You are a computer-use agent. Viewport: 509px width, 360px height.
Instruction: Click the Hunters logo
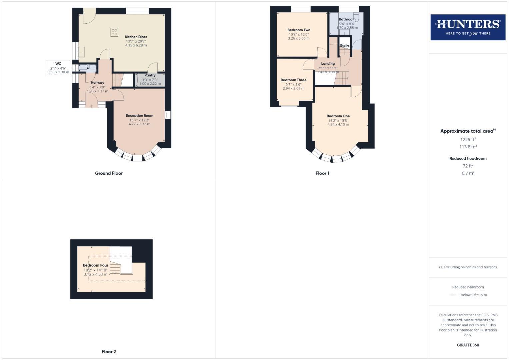pyautogui.click(x=468, y=27)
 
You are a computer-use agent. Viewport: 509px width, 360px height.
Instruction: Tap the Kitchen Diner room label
pyautogui.click(x=136, y=37)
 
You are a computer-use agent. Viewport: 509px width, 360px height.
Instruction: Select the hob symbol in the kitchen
pyautogui.click(x=114, y=32)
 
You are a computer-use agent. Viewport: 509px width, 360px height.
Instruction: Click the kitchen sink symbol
pyautogui.click(x=82, y=52)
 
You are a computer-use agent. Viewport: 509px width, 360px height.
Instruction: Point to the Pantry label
pyautogui.click(x=150, y=75)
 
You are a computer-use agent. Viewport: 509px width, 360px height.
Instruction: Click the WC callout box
pyautogui.click(x=58, y=68)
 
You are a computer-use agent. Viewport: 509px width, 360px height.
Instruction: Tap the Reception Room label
pyautogui.click(x=139, y=116)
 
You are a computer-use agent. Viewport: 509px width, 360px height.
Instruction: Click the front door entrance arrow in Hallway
pyautogui.click(x=92, y=106)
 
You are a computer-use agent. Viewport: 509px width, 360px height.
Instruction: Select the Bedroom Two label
pyautogui.click(x=299, y=30)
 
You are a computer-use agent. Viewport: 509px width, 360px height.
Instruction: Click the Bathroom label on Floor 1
pyautogui.click(x=347, y=19)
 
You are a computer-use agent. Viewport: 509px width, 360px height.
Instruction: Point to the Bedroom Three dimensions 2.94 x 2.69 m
pyautogui.click(x=293, y=88)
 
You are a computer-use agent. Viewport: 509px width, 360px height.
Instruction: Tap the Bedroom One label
pyautogui.click(x=338, y=116)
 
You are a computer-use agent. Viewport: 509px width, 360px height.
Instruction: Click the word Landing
pyautogui.click(x=328, y=64)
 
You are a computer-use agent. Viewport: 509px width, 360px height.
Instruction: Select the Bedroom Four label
pyautogui.click(x=95, y=265)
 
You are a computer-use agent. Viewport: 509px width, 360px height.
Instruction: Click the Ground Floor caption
pyautogui.click(x=109, y=173)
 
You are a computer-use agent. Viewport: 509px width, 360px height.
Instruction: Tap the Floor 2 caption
pyautogui.click(x=109, y=352)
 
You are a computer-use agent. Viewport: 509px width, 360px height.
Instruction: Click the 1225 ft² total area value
pyautogui.click(x=468, y=140)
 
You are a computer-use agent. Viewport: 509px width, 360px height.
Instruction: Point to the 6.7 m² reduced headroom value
pyautogui.click(x=468, y=173)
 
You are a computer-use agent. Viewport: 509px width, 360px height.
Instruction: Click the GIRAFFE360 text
pyautogui.click(x=468, y=345)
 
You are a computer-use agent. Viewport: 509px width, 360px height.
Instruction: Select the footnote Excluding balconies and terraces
pyautogui.click(x=468, y=267)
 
